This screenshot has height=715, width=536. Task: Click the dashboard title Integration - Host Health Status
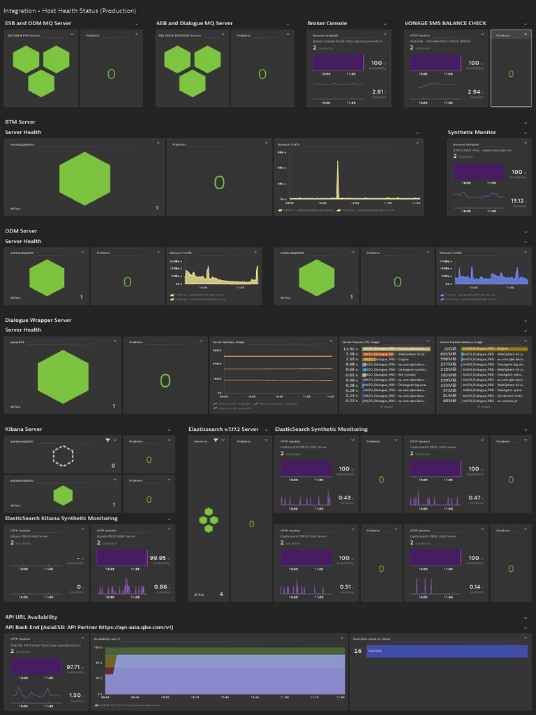(70, 10)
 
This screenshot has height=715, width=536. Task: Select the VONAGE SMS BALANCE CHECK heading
(445, 23)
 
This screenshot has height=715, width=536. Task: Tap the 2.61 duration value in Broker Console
(378, 91)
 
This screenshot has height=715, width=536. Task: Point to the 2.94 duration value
(474, 91)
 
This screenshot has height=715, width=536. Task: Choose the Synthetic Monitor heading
(472, 132)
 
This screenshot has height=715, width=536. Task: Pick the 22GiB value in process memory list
(449, 348)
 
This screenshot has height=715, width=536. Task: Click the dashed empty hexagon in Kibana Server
(64, 456)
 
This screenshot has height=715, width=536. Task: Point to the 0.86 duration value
(160, 587)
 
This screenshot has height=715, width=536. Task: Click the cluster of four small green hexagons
(207, 519)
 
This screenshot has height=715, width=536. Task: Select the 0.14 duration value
(475, 587)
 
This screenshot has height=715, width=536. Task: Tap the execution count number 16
(357, 651)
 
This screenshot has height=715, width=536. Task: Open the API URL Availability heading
(31, 617)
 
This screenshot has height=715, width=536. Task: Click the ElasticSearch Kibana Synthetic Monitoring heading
(61, 518)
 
